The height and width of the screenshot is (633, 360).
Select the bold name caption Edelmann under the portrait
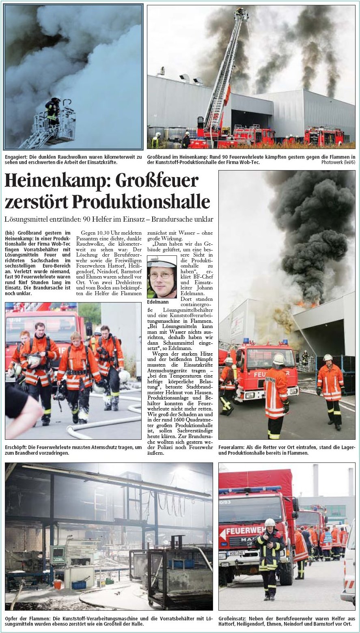tap(157, 302)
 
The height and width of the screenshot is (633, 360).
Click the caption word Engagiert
tap(15, 157)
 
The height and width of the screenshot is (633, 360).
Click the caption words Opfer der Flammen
tap(24, 618)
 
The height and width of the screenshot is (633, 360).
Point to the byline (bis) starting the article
tap(10, 233)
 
